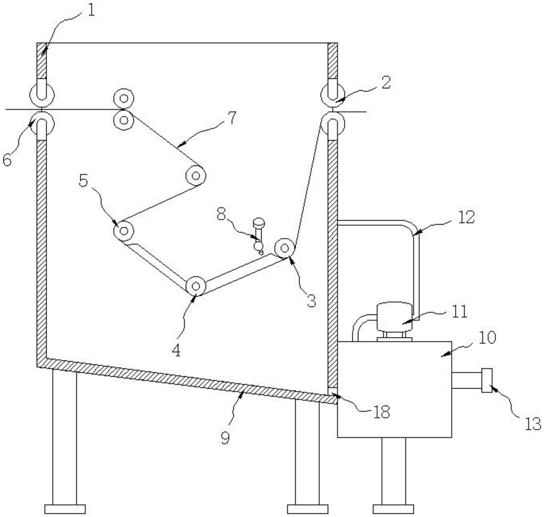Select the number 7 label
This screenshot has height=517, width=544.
pos(232,118)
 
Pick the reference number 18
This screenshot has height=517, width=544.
pos(382,412)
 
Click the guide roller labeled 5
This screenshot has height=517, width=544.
pos(124,231)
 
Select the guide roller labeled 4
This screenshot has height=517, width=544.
pos(195,286)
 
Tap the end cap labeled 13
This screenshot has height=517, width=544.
pos(486,380)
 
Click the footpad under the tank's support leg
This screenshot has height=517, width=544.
pos(393,509)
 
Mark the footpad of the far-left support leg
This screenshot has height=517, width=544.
pos(65,509)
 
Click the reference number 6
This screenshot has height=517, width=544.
pos(7,161)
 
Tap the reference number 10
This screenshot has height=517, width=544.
pos(487,338)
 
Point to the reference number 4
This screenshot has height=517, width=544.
pos(176,351)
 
